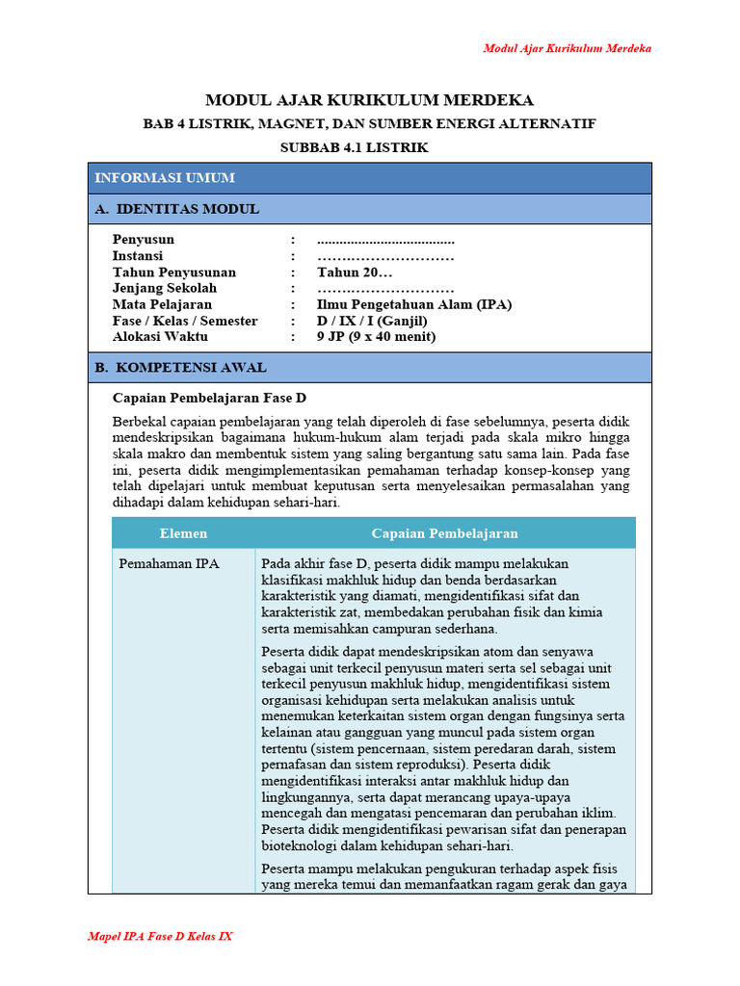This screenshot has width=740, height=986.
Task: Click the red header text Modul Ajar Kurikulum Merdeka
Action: (567, 48)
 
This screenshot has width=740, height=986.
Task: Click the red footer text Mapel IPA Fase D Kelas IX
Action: (160, 936)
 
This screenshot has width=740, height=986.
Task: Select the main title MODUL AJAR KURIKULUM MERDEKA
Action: (370, 100)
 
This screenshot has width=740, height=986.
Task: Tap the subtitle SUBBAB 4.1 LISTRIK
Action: (354, 147)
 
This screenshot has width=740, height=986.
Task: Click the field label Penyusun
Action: (144, 240)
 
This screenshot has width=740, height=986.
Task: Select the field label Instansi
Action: (138, 256)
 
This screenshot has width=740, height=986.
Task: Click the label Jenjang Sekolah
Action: (165, 288)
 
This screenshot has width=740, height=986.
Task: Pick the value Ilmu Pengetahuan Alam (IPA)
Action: (414, 304)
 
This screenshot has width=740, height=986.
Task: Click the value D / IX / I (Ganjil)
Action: (372, 321)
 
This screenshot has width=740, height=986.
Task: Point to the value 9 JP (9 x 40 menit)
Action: (377, 337)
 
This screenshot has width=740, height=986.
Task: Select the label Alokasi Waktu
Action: (160, 337)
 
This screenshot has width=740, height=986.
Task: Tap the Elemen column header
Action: (183, 533)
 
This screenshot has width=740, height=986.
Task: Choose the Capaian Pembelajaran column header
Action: (444, 533)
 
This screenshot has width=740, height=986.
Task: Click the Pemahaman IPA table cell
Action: (169, 564)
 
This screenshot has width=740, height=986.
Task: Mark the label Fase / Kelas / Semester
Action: (185, 321)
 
